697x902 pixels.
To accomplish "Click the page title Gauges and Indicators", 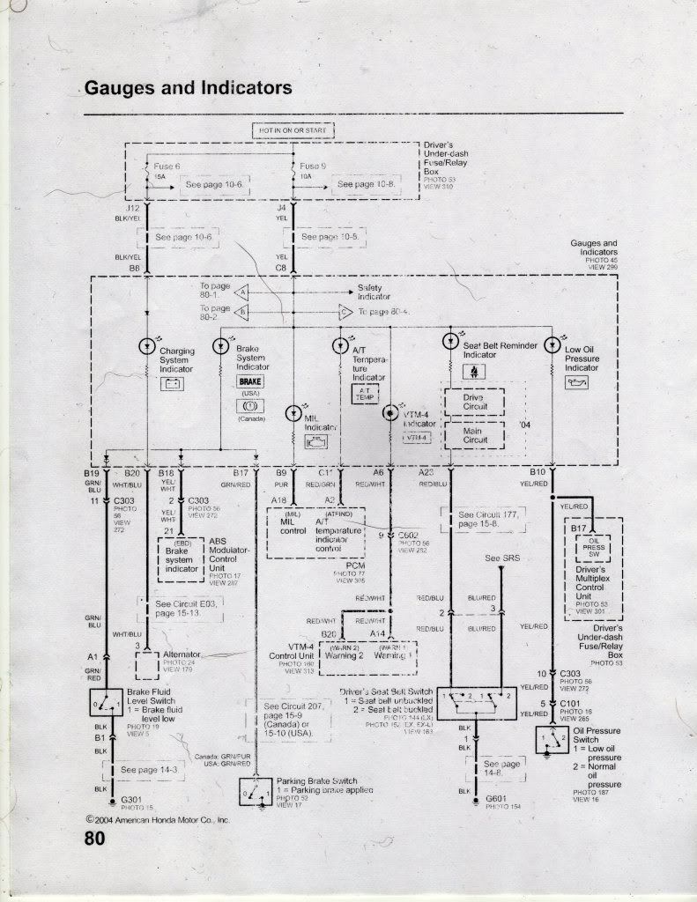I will coord(188,88).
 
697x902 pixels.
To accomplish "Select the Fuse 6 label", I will coord(167,166).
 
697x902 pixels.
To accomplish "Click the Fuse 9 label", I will coord(313,166).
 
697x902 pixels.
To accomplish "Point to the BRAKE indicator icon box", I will coord(250,381).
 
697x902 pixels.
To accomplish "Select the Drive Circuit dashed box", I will coord(472,403).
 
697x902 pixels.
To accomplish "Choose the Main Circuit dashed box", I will coord(472,435).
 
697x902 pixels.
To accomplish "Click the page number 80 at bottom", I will coord(95,839).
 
